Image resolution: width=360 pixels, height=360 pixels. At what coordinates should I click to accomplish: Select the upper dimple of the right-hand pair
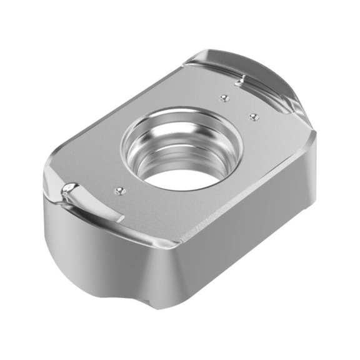pos(223,97)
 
